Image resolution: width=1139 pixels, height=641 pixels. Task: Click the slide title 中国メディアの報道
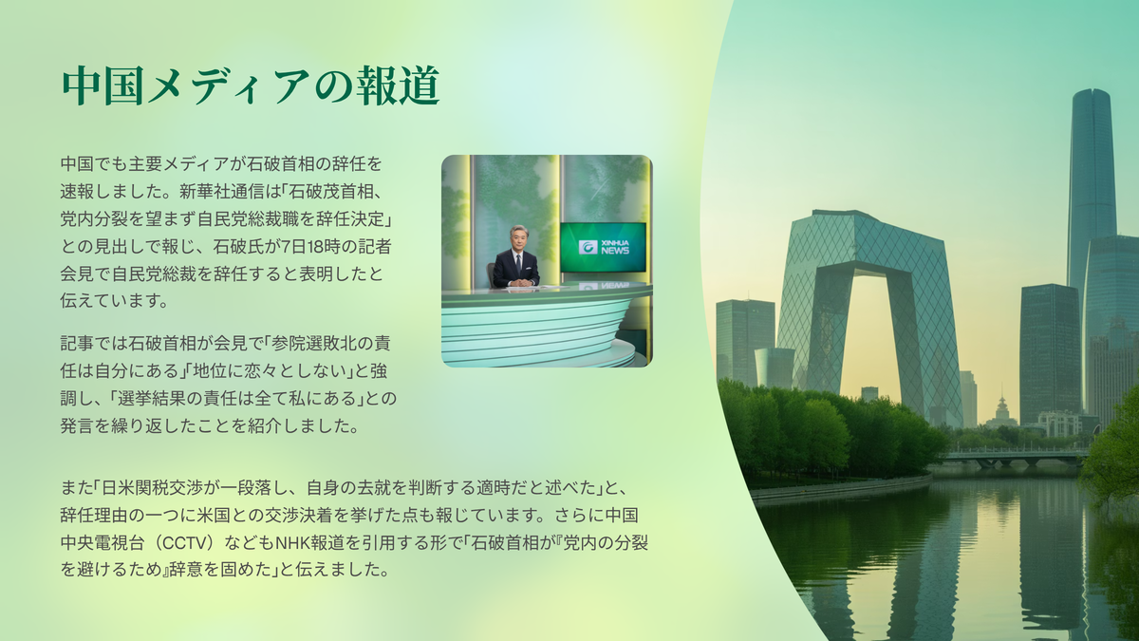click(x=251, y=85)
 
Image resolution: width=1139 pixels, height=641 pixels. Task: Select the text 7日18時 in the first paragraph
click(x=310, y=247)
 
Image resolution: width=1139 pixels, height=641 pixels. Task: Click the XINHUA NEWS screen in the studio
click(x=603, y=247)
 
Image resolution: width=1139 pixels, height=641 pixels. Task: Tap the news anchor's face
click(x=518, y=238)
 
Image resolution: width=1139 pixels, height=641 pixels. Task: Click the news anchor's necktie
click(x=518, y=264)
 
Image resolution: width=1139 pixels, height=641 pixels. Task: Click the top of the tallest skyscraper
click(x=1092, y=91)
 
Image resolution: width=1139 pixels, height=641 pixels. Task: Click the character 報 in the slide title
click(x=376, y=85)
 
